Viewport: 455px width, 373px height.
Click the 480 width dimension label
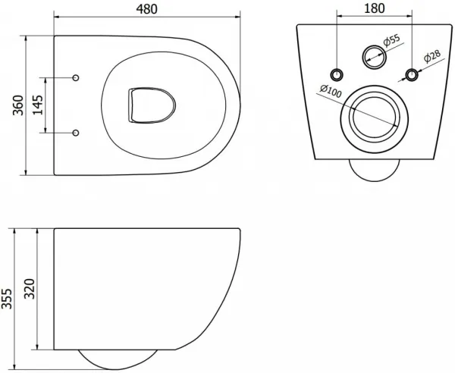pyautogui.click(x=147, y=9)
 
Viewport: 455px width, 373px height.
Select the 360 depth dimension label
pyautogui.click(x=18, y=105)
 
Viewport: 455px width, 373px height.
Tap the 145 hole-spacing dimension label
pyautogui.click(x=37, y=105)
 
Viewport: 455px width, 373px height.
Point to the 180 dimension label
pyautogui.click(x=374, y=8)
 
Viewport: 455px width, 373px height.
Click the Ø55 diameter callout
pyautogui.click(x=391, y=40)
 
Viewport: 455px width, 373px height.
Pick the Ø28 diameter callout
pyautogui.click(x=432, y=56)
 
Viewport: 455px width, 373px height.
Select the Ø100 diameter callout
pyautogui.click(x=331, y=91)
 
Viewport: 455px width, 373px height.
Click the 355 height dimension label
pyautogui.click(x=6, y=299)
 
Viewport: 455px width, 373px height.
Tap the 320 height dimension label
pyautogui.click(x=30, y=289)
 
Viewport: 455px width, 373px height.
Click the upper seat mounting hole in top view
pyautogui.click(x=76, y=78)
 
